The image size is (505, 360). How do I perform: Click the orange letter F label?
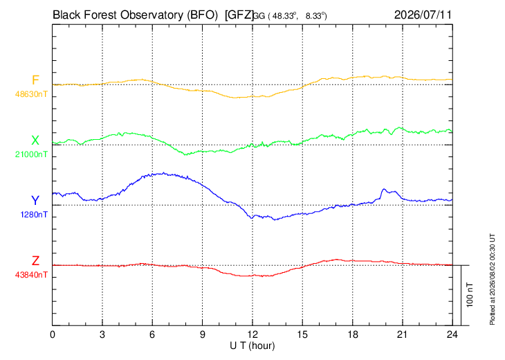click(35, 80)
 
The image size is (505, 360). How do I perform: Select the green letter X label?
click(35, 141)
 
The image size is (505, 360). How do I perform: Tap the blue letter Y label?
click(35, 201)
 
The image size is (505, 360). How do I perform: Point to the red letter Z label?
click(35, 260)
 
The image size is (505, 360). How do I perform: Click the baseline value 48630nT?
click(31, 94)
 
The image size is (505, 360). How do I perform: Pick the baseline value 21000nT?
click(31, 154)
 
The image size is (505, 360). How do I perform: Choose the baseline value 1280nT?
click(34, 215)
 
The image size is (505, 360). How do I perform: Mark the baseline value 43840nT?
click(31, 275)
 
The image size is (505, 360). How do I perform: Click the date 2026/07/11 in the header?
click(423, 15)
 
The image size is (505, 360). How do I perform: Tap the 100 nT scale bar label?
click(470, 295)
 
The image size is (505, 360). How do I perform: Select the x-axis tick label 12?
click(252, 334)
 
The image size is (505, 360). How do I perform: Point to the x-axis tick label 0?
click(53, 334)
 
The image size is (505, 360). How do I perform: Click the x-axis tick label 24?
click(452, 334)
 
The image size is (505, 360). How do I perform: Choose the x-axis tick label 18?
click(353, 334)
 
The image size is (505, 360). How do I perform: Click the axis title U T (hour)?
click(252, 346)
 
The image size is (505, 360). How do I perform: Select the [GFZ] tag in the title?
click(239, 15)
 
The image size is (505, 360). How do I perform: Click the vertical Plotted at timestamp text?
click(492, 279)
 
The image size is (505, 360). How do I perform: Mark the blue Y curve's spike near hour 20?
click(383, 189)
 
